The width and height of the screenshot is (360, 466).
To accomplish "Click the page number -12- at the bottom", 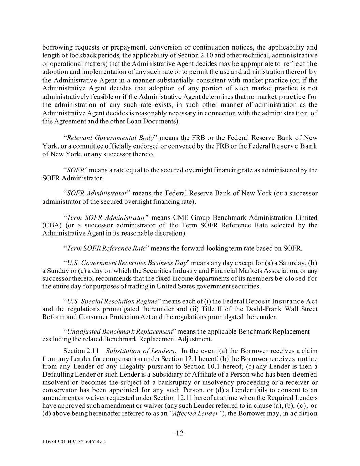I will tap(180, 434).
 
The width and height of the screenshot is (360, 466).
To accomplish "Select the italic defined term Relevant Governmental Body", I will tap(110, 138).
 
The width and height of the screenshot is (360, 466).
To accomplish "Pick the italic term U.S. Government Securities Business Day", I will tap(127, 263).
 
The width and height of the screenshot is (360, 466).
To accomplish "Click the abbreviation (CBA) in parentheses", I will tap(52, 225).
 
